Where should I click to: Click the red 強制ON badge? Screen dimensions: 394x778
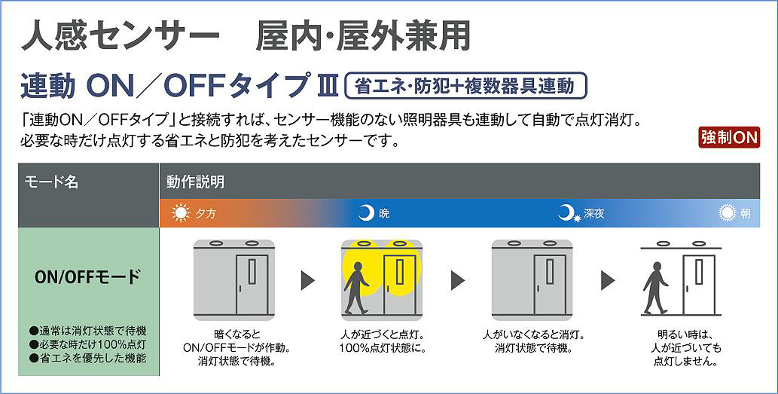click(x=728, y=138)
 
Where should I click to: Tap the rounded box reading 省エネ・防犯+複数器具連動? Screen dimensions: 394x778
click(x=465, y=86)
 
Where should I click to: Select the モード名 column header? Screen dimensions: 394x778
click(x=52, y=182)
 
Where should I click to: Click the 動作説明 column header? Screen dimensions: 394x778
click(x=196, y=182)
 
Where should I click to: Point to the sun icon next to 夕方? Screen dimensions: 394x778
click(x=182, y=213)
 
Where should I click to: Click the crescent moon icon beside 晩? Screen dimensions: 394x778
click(x=365, y=213)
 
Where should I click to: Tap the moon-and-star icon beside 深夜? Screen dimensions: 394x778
click(x=568, y=213)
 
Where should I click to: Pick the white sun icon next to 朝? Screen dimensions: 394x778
click(x=727, y=213)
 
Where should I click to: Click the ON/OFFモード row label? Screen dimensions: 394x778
click(x=87, y=276)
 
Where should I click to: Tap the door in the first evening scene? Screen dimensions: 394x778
click(x=252, y=283)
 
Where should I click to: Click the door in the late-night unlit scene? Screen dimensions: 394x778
click(x=550, y=283)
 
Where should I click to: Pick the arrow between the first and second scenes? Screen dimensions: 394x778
click(x=308, y=280)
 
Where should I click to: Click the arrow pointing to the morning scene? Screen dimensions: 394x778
click(x=608, y=280)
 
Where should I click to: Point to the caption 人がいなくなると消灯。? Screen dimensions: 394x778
click(x=533, y=334)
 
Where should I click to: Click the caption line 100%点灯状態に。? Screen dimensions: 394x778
click(x=383, y=348)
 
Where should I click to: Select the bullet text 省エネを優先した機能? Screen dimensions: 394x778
click(x=93, y=358)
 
